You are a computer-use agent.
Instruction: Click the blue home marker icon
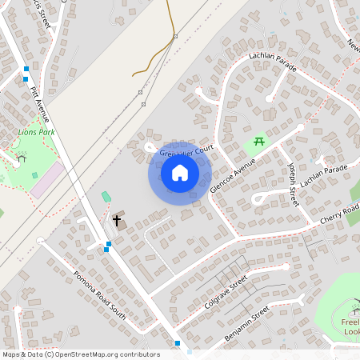tap(180, 173)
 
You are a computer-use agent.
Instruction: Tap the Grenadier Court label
tap(188, 150)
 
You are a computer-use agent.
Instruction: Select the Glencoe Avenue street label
tap(232, 177)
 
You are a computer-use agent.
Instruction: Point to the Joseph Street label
tap(293, 184)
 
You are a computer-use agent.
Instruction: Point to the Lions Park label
tap(36, 131)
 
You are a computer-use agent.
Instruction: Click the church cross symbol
tap(116, 220)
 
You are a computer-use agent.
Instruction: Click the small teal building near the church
tap(106, 197)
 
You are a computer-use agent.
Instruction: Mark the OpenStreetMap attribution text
tap(80, 354)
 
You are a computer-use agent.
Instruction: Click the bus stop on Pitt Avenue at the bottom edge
tap(177, 344)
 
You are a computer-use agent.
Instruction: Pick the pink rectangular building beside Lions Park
tap(46, 180)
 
